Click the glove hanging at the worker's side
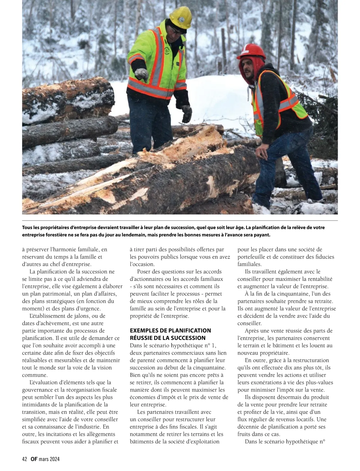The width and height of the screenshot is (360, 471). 187,113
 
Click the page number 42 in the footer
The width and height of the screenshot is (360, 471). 25,459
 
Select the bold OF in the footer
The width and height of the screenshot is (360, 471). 34,459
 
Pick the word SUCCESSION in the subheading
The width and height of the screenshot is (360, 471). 189,338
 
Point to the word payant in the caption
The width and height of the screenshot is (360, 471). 262,235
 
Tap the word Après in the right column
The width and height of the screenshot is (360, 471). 253,331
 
